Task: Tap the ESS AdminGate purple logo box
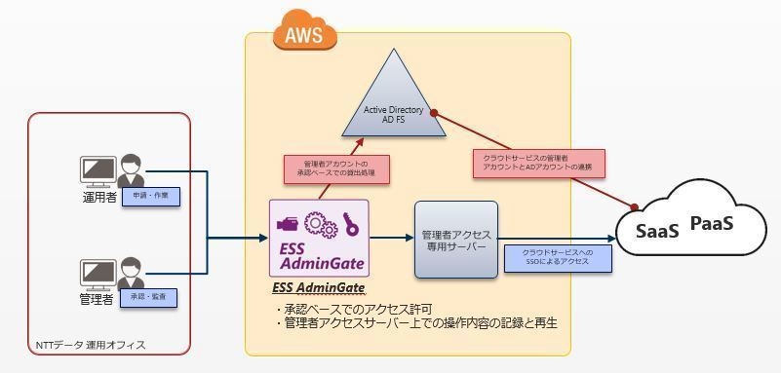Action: pyautogui.click(x=319, y=239)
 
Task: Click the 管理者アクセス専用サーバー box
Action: pyautogui.click(x=455, y=240)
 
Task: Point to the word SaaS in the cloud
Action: pyautogui.click(x=657, y=232)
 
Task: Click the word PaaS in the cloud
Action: pyautogui.click(x=711, y=225)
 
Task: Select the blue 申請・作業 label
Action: pyautogui.click(x=150, y=196)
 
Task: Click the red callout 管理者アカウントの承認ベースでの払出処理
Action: pyautogui.click(x=335, y=169)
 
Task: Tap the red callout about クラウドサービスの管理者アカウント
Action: pyautogui.click(x=538, y=164)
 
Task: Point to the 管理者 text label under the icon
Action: pyautogui.click(x=97, y=299)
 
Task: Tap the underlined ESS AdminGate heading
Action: pyautogui.click(x=318, y=288)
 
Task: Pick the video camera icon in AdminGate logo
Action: pyautogui.click(x=289, y=221)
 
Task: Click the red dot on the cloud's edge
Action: pyautogui.click(x=636, y=206)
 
